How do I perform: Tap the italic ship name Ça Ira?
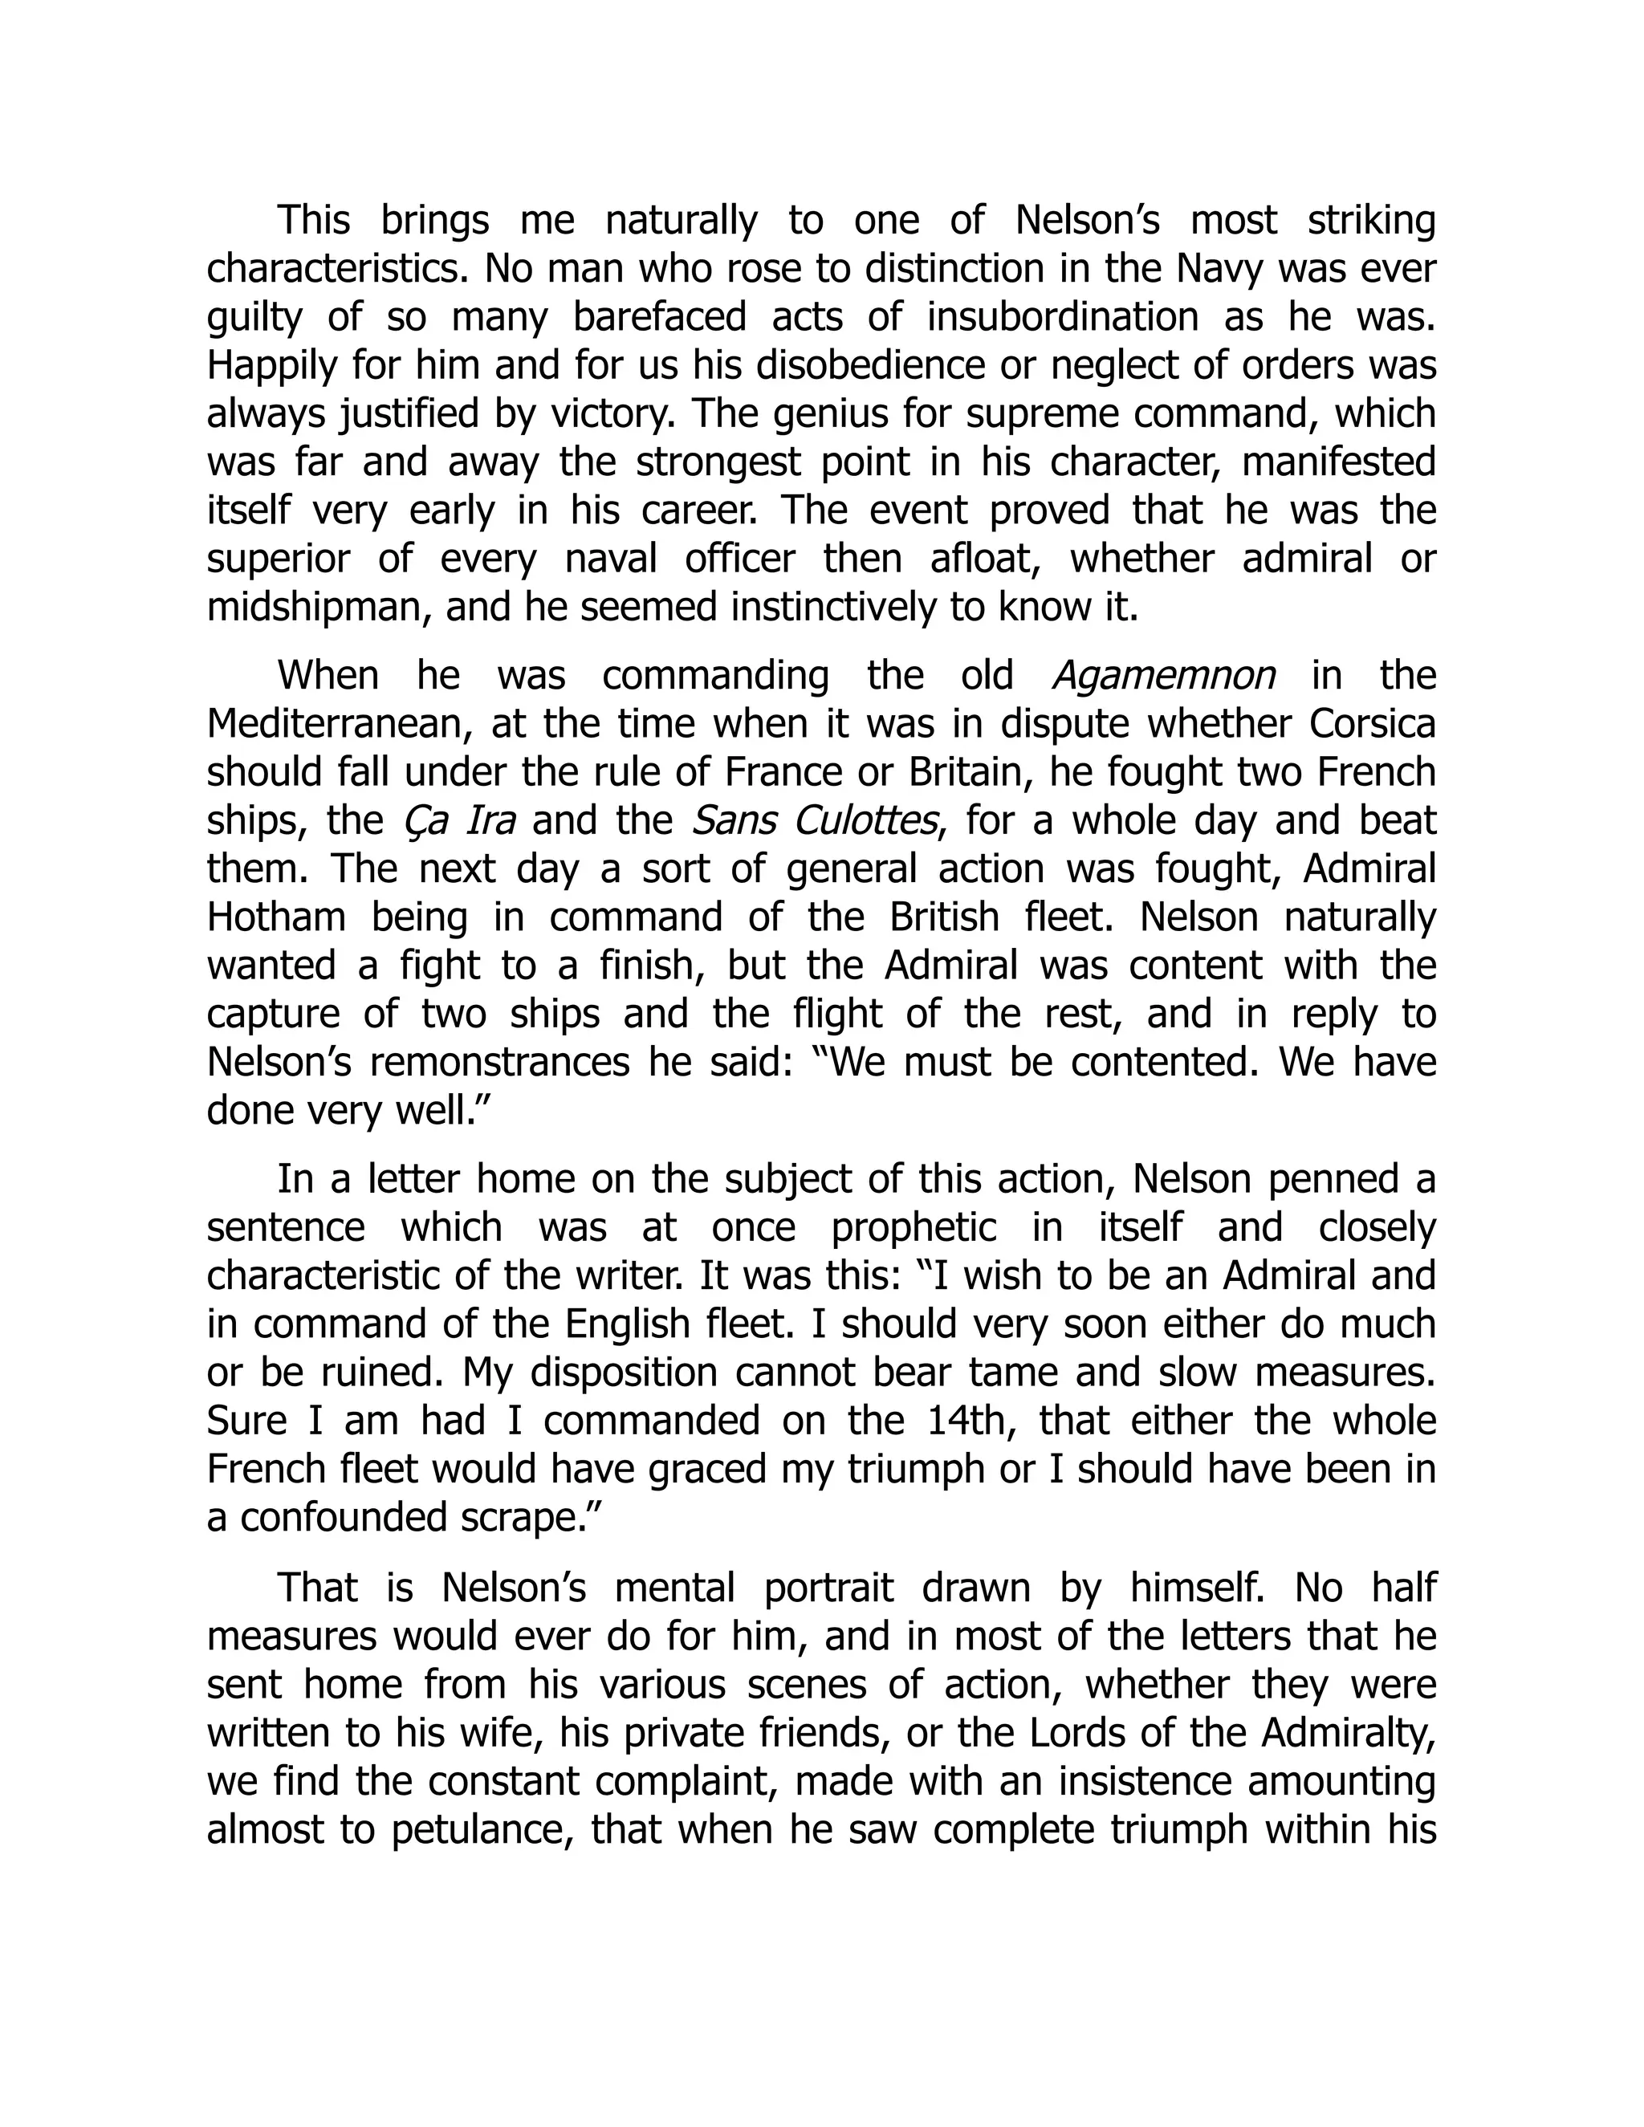(458, 820)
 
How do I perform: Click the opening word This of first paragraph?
(314, 221)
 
